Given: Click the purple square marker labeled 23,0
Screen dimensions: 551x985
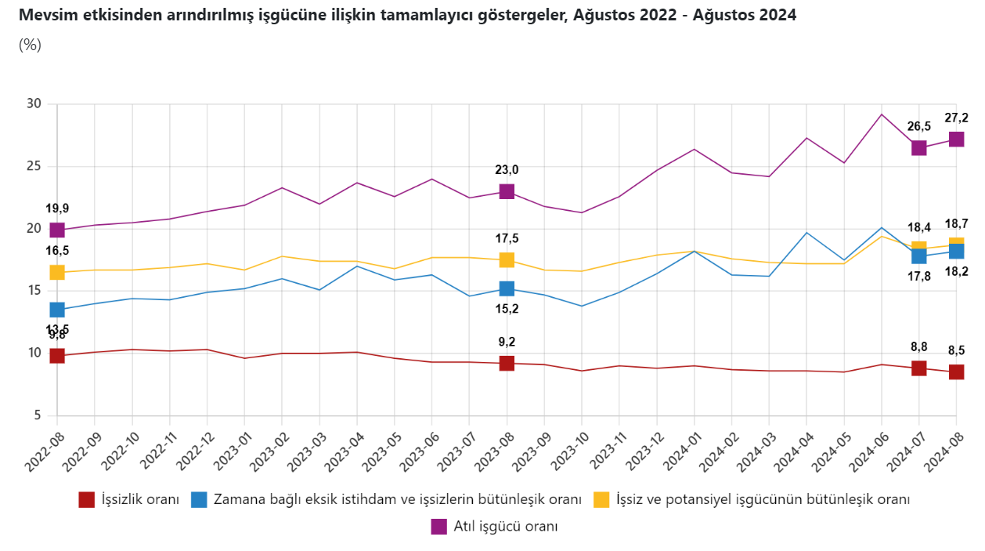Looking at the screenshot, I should click(x=507, y=192).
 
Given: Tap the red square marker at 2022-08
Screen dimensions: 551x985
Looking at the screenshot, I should click(x=57, y=356).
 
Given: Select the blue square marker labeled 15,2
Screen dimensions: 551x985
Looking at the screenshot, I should click(x=507, y=289).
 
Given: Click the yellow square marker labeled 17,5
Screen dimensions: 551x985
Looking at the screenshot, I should click(x=507, y=260).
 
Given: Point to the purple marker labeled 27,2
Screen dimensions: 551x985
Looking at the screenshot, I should click(x=956, y=140).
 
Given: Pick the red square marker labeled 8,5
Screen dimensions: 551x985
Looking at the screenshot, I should click(x=956, y=372).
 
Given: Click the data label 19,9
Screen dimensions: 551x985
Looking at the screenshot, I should click(x=57, y=208).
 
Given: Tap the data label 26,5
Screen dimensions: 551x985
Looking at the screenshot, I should click(x=918, y=126).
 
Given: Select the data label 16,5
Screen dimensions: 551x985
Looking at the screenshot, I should click(x=57, y=251).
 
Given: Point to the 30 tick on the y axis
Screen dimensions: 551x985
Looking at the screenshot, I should click(x=34, y=104).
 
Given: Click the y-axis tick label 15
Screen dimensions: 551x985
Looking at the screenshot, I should click(x=34, y=291).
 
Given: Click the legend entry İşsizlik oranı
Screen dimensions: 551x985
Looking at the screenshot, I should click(x=140, y=499).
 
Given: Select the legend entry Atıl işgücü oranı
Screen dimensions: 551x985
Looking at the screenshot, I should click(x=505, y=527).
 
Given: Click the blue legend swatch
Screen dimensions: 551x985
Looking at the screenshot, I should click(x=200, y=499).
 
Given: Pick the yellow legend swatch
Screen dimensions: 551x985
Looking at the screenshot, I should click(x=601, y=499).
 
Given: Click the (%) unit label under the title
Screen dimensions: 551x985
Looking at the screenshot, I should click(x=30, y=45).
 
